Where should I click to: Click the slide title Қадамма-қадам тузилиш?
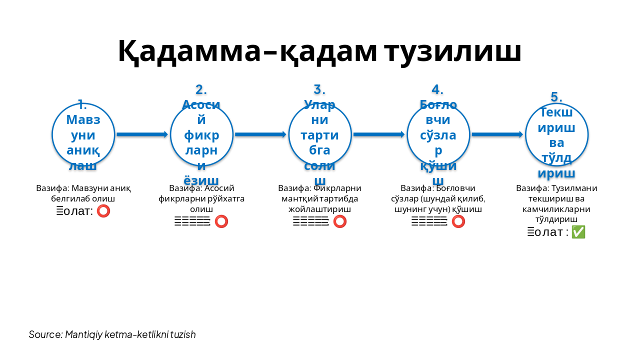point(319,51)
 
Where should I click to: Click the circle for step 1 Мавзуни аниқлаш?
point(83,134)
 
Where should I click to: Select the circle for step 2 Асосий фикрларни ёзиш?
point(201,134)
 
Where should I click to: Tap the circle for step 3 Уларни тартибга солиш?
point(320,134)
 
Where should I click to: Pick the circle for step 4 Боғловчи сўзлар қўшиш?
point(438,134)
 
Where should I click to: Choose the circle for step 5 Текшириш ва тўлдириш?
point(556,134)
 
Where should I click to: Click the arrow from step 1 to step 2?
point(142,134)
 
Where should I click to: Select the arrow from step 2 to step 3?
point(260,134)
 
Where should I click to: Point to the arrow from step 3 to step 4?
point(379,134)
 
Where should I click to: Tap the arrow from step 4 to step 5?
point(497,134)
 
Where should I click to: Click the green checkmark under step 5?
point(578,232)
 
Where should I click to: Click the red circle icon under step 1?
point(103,211)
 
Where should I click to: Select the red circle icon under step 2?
point(221,221)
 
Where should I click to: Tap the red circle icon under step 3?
point(340,221)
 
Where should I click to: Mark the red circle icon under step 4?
point(458,221)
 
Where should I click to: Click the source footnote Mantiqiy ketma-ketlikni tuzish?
point(112,334)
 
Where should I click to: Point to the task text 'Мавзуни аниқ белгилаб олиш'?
point(83,193)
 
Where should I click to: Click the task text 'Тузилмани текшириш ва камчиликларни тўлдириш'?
point(556,203)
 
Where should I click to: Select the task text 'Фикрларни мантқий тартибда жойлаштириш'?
point(320,198)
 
